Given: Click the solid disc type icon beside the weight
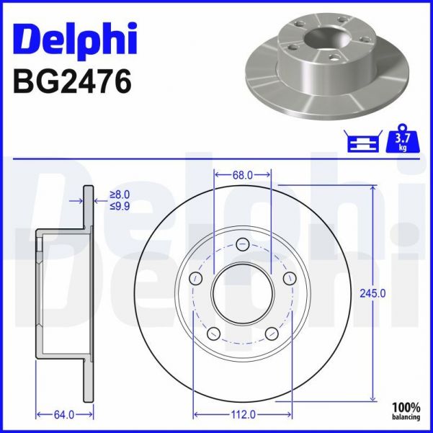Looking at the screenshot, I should point(364,143).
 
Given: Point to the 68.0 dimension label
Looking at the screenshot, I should point(242,174).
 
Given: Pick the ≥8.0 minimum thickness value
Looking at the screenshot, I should point(120,195).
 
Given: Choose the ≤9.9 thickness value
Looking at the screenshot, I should point(120,206).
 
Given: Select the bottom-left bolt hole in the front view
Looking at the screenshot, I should point(213,334).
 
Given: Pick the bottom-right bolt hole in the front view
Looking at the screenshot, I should point(271,334).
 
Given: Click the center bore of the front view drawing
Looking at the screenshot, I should point(242,293).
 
